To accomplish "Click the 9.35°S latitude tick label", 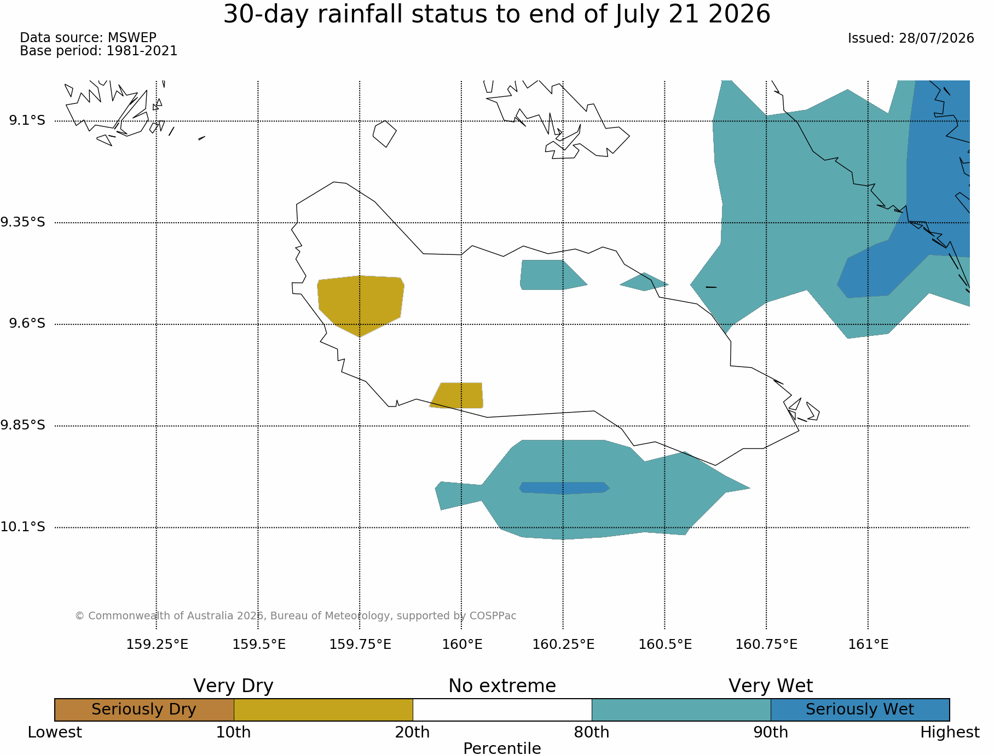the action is point(22,222).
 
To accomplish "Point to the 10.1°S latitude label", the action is point(22,527).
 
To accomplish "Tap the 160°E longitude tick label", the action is point(462,644).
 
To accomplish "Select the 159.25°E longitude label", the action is point(157,644).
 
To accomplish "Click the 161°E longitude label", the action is point(868,644).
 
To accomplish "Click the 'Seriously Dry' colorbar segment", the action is point(145,710).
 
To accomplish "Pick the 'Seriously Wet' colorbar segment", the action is point(860,710).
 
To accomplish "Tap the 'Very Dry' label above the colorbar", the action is point(233,686).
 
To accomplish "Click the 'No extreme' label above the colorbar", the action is point(502,686).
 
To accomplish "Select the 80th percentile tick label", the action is point(592,733).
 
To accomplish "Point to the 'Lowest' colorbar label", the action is point(55,733).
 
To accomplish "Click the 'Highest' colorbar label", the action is point(950,733).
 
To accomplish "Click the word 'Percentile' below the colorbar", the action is point(502,748).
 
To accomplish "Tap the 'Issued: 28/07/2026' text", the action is point(911,38).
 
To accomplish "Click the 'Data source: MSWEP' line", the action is point(88,38).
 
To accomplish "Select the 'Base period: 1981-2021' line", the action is point(99,51).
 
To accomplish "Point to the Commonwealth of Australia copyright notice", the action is point(296,616).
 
